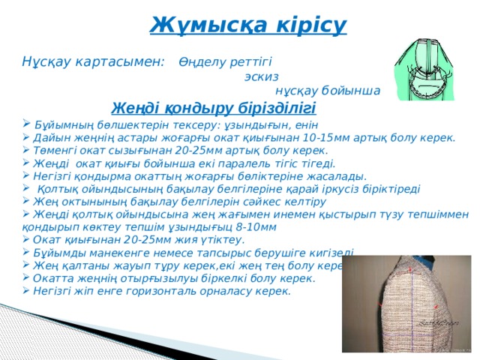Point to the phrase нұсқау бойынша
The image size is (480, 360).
pyautogui.click(x=338, y=91)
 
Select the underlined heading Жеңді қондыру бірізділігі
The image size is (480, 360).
pyautogui.click(x=213, y=107)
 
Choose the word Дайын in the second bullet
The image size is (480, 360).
pyautogui.click(x=50, y=137)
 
